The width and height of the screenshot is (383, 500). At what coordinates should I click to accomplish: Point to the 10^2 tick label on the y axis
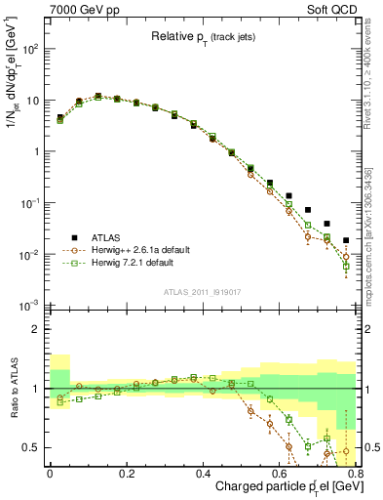click(30, 48)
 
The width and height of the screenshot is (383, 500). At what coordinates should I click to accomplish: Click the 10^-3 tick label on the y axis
click(29, 306)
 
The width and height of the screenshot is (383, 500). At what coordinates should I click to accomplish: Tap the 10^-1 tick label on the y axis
click(29, 203)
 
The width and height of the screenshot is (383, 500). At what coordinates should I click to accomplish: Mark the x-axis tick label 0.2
click(125, 474)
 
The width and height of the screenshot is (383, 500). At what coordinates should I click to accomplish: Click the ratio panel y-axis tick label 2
click(35, 329)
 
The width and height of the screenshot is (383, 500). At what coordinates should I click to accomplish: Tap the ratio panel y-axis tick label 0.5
click(31, 448)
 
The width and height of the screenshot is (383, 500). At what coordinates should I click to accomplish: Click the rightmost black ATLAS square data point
click(346, 239)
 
